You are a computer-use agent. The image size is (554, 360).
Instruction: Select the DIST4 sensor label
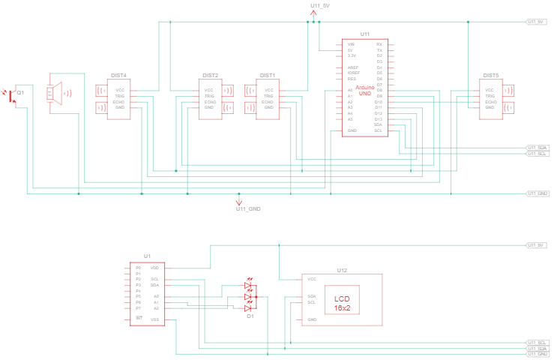tap(118, 76)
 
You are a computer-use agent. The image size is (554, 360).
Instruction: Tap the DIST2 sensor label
tap(211, 76)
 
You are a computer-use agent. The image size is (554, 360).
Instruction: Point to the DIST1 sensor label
tap(268, 76)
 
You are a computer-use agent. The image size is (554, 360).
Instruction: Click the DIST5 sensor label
tap(491, 76)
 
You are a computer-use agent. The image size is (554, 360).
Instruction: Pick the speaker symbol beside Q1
tap(54, 93)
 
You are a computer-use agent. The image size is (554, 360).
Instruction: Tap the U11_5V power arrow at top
tap(314, 13)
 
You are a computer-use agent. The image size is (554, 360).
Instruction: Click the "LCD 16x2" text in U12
tap(341, 303)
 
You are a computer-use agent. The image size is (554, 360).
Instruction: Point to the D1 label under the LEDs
tap(250, 316)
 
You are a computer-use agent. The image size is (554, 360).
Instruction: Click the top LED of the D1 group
tap(250, 286)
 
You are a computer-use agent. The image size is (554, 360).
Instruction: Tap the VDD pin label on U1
tap(154, 267)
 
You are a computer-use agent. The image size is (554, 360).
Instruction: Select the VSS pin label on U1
tap(154, 319)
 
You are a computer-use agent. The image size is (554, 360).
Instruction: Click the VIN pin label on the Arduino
tap(350, 44)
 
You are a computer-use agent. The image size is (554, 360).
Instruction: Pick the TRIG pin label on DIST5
tap(490, 96)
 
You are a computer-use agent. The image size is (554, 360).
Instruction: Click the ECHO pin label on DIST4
tap(119, 102)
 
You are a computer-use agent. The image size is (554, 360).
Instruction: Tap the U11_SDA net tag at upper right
tap(538, 147)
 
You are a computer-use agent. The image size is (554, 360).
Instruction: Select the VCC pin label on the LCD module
tap(311, 278)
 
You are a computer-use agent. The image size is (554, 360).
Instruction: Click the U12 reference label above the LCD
tap(342, 270)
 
